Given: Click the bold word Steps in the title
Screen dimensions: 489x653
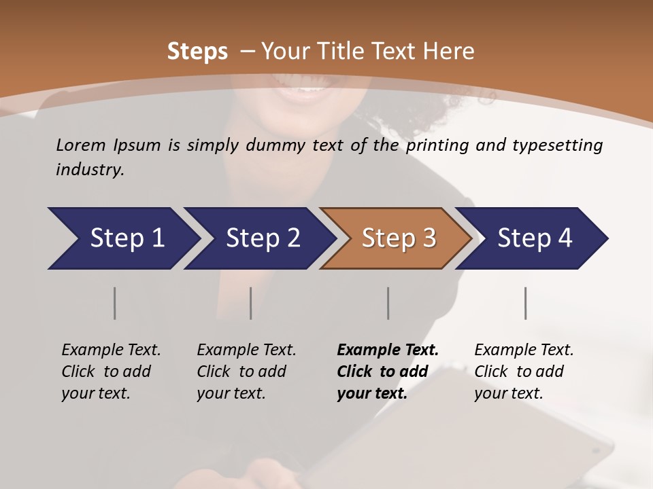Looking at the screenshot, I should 197,52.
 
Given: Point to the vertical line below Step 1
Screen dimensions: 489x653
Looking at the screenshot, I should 114,303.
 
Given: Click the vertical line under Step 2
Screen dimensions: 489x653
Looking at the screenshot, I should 251,303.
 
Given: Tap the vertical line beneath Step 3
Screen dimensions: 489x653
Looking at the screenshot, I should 388,303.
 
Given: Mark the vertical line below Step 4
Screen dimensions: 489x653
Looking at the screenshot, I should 526,303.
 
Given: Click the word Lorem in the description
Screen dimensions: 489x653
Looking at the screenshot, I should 81,145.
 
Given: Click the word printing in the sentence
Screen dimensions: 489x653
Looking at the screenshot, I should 436,145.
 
